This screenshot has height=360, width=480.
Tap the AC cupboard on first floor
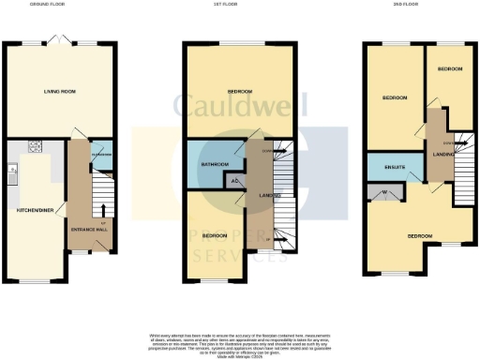tap(234, 181)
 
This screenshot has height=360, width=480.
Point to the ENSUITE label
tap(395, 169)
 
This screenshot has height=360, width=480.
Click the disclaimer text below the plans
tap(240, 343)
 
